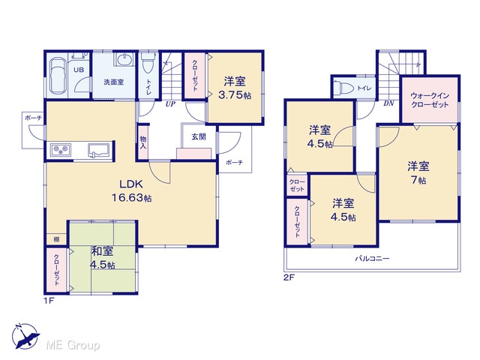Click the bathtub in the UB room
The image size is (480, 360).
tap(58, 76)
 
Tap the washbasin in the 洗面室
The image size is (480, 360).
tap(124, 59)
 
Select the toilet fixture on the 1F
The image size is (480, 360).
tap(148, 62)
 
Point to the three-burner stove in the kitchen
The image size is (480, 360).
tap(61, 150)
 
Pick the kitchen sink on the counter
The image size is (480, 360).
tap(98, 150)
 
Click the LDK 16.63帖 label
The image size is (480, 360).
tap(131, 190)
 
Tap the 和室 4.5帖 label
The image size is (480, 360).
tap(102, 257)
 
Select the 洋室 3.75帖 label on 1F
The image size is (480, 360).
tap(235, 88)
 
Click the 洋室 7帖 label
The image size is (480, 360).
tap(418, 172)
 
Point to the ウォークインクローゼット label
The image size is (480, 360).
tap(430, 100)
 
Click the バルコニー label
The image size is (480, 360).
tap(372, 259)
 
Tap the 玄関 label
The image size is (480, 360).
tap(199, 136)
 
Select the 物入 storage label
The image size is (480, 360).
tap(143, 142)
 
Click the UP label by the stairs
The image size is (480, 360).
tap(170, 104)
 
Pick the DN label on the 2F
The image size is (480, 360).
tap(388, 103)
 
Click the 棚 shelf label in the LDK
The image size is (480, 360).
tap(57, 240)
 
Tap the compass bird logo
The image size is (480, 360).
tap(25, 336)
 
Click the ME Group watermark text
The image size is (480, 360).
tap(73, 345)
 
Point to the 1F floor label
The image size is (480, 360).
tap(49, 301)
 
